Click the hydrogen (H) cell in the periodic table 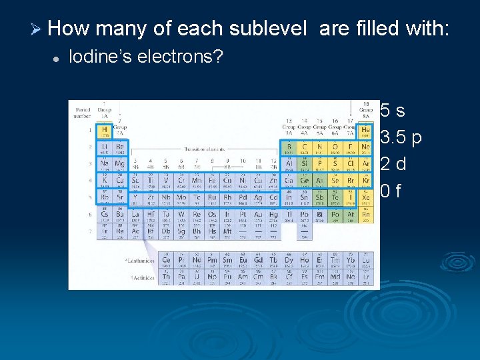click(104, 131)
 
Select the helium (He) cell click(365, 131)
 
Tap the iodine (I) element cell click(351, 197)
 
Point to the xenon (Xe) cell click(365, 197)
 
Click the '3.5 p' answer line click(400, 137)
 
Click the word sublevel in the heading click(268, 29)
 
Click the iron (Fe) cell click(212, 181)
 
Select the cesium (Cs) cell click(104, 214)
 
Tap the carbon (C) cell click(304, 147)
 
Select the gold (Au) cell click(258, 214)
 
